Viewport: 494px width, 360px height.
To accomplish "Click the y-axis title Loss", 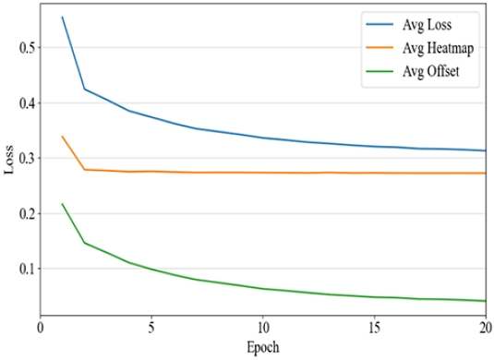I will click(10, 162).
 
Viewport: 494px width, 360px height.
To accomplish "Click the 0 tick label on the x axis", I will click(40, 329).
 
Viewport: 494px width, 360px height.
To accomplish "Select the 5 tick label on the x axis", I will click(152, 329).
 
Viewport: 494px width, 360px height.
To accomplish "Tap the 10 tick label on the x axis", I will click(264, 329).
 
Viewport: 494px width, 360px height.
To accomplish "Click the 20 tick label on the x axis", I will click(485, 329).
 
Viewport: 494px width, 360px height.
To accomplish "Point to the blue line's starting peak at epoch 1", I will click(63, 17).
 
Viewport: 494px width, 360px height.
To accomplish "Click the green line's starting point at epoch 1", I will click(63, 204).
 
